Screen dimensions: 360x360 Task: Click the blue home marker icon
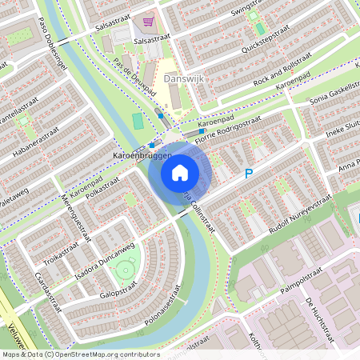tap(180, 172)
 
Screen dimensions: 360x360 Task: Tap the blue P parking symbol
tap(249, 173)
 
